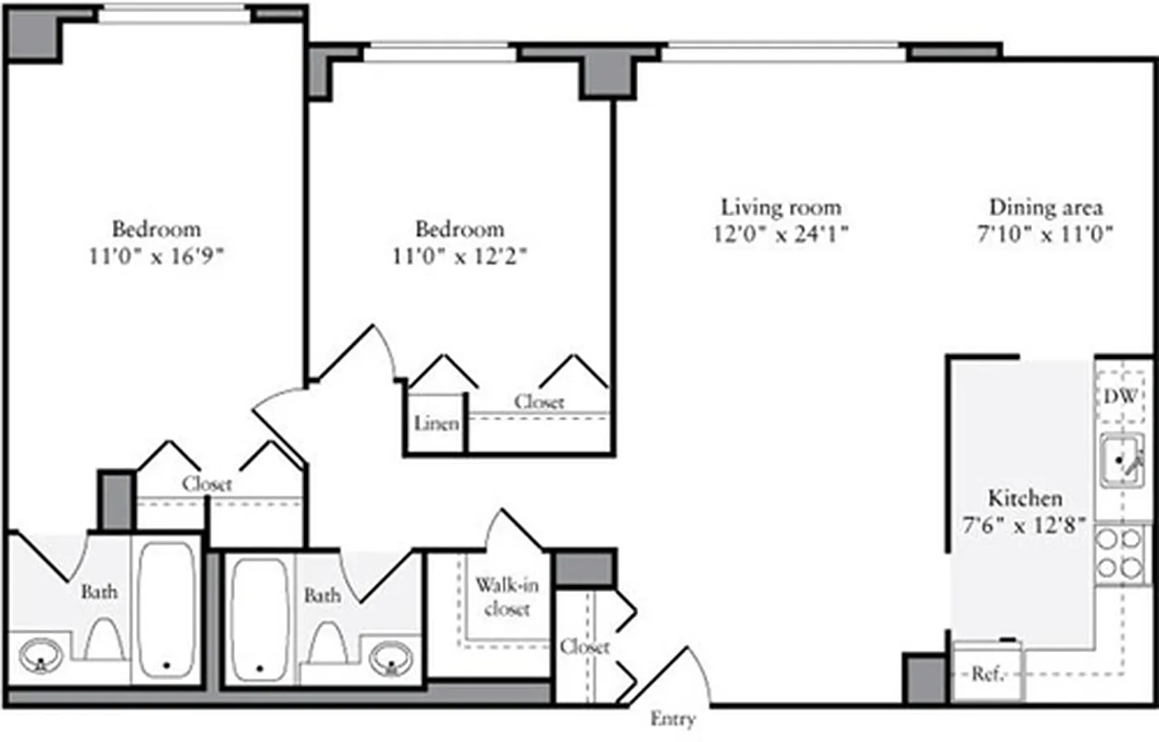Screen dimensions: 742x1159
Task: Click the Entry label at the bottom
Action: (672, 720)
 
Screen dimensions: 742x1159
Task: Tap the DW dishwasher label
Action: (1121, 397)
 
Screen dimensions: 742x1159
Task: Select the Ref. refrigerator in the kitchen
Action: (987, 673)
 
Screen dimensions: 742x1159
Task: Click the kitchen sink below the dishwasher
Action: (1122, 461)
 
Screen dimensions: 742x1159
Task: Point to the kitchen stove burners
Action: (1121, 553)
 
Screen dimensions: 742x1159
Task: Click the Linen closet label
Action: (436, 424)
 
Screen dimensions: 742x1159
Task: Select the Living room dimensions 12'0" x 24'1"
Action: (782, 234)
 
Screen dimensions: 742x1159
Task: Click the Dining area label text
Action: (1046, 207)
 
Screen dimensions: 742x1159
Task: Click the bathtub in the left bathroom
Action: (168, 607)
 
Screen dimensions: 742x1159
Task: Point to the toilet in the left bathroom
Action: (104, 638)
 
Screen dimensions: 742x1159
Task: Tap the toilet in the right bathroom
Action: (327, 640)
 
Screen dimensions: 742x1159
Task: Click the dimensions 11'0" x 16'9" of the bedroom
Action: (157, 256)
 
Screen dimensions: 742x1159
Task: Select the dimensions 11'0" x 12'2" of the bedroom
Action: (460, 256)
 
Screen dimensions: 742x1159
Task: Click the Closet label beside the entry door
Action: (586, 646)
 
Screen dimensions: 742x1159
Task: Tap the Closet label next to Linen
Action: (539, 403)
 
